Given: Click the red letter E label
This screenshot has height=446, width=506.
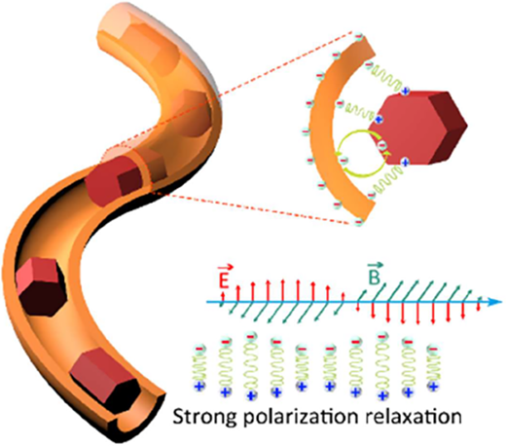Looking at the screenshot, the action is point(224,280).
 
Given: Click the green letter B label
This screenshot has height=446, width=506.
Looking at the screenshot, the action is point(374,278).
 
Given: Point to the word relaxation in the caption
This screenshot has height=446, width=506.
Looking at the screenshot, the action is point(410,416).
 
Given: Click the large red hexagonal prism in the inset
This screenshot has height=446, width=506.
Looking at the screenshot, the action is point(418,128).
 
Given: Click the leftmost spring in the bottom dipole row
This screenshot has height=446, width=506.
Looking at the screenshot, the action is point(199,368).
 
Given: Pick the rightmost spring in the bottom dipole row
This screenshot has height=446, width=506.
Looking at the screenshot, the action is point(433,368).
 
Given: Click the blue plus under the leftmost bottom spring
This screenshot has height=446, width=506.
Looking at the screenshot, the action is point(199,387).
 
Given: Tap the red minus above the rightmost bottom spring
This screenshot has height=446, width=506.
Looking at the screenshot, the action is point(433,350).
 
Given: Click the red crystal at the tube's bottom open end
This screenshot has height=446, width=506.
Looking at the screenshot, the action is point(103,380).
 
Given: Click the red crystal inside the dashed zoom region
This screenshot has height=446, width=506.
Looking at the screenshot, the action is point(114,179).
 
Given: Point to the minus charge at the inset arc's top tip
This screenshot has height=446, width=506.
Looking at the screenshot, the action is point(358,36).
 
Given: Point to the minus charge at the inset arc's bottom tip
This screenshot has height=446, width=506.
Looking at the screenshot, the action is point(358,222).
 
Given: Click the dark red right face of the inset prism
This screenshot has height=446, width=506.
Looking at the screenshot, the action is point(449,128).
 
